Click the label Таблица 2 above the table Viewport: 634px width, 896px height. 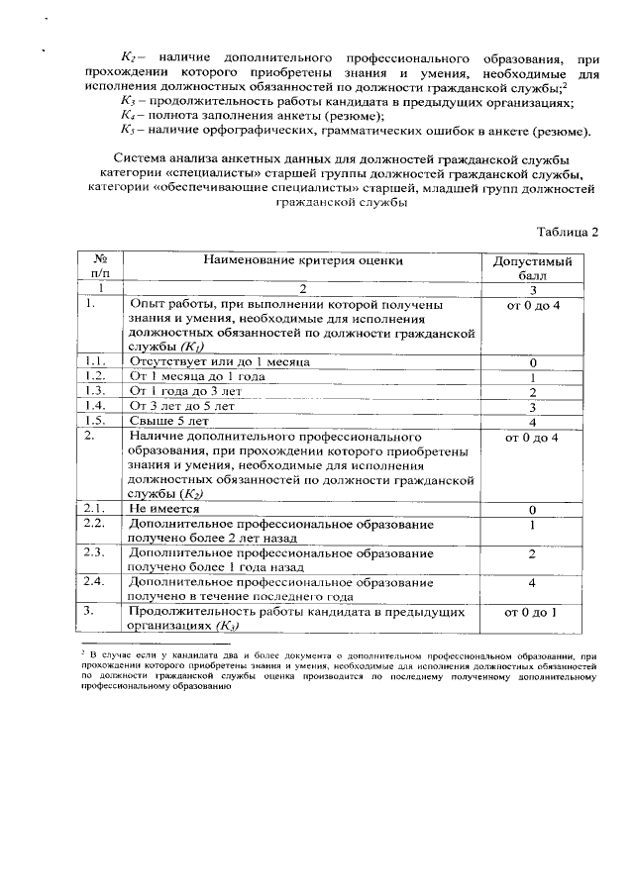tap(568, 233)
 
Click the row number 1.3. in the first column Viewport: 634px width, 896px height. tap(96, 391)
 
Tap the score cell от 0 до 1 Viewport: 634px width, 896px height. tap(532, 611)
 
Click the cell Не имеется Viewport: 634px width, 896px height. tap(162, 508)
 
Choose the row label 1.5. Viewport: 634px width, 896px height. tap(96, 419)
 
